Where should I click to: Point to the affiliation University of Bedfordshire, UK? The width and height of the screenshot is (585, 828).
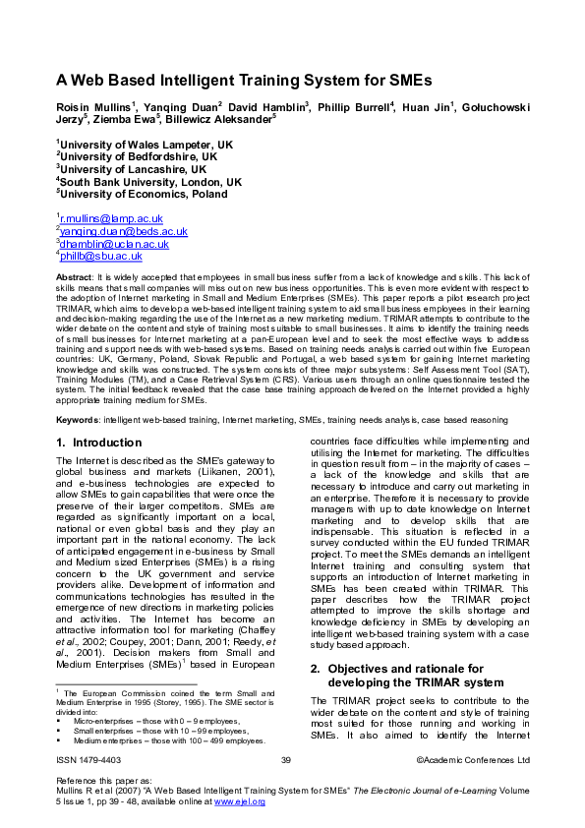click(x=138, y=156)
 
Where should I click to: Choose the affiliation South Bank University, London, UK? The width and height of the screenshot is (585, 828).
click(x=149, y=182)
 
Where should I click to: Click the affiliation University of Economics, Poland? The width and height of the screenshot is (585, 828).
click(x=144, y=195)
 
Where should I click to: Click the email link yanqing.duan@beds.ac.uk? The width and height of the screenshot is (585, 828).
click(x=123, y=231)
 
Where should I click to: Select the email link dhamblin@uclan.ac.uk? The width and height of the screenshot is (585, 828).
click(x=114, y=244)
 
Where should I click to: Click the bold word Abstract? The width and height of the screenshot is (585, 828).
click(x=74, y=279)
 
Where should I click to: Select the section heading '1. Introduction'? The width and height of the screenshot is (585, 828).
click(x=99, y=443)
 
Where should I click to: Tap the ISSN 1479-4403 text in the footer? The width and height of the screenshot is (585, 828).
click(x=91, y=760)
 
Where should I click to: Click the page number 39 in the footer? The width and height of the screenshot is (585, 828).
click(x=286, y=760)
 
